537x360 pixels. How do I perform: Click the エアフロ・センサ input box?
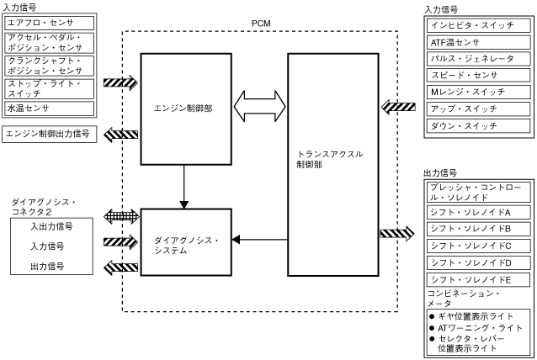pos(51,23)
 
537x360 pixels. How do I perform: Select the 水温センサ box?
pos(51,109)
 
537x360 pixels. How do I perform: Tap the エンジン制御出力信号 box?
pos(51,133)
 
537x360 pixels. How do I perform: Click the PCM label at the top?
pos(261,22)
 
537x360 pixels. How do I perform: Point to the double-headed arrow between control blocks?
pos(259,107)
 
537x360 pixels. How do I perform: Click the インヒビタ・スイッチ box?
pos(477,24)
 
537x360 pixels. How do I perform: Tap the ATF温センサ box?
pos(477,41)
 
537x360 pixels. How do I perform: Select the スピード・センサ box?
pos(477,75)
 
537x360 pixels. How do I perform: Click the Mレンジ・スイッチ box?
pos(477,93)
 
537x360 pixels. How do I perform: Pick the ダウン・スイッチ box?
pos(477,126)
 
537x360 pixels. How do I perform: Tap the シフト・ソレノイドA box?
pos(477,211)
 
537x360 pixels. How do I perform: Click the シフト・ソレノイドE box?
pos(477,278)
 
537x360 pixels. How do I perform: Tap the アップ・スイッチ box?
pos(477,109)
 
